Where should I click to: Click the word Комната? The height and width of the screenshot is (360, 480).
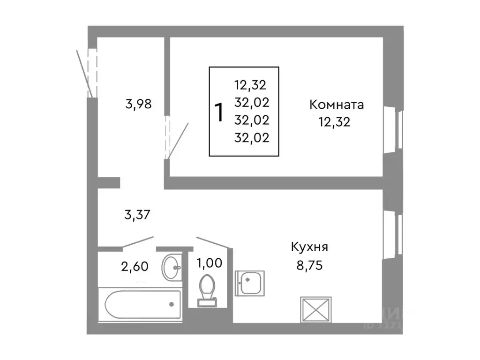[336, 105]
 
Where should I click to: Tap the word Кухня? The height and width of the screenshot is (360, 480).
[309, 247]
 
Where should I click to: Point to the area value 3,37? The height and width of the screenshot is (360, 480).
[137, 215]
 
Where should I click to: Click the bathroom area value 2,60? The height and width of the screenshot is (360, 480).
[135, 266]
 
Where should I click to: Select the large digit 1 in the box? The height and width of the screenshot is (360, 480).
[218, 112]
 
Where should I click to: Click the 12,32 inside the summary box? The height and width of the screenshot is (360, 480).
[250, 85]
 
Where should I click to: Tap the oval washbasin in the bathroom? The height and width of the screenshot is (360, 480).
[172, 267]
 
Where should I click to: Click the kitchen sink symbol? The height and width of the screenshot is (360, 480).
[250, 283]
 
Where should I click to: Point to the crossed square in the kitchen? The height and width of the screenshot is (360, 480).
[315, 310]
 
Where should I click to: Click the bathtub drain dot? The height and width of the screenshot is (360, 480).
[171, 304]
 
